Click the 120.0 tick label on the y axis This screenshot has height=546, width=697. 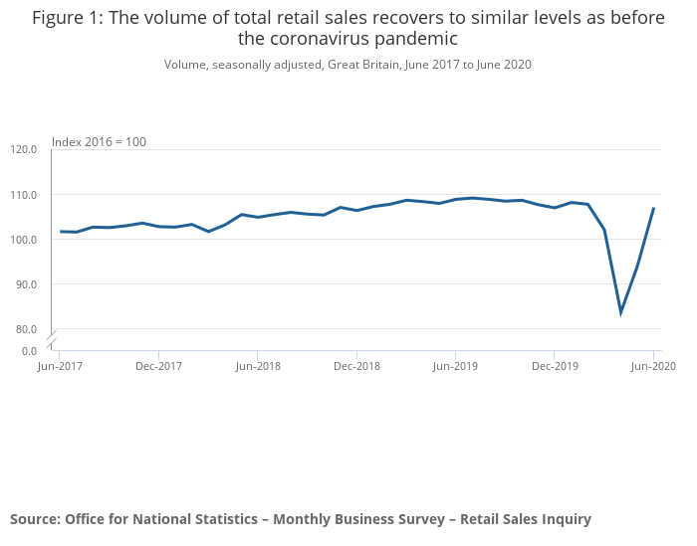click(x=23, y=149)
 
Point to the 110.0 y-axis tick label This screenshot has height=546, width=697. click(x=23, y=194)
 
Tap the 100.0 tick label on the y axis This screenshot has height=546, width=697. click(x=23, y=240)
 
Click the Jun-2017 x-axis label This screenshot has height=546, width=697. click(x=60, y=366)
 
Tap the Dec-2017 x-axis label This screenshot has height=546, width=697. click(x=158, y=366)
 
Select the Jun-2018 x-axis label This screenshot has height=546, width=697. click(x=258, y=366)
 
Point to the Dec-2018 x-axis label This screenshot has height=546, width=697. click(x=356, y=366)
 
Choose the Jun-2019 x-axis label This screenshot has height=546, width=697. click(x=455, y=366)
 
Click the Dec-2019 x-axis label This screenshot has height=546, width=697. click(x=555, y=366)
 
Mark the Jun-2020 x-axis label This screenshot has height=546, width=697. click(x=653, y=366)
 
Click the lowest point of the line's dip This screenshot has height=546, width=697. click(x=620, y=313)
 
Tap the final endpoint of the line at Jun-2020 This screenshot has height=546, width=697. click(x=653, y=208)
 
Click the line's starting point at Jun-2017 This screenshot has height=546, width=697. click(x=61, y=232)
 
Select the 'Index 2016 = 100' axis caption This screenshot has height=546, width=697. click(x=99, y=142)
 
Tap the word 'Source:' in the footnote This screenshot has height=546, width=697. click(x=35, y=519)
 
